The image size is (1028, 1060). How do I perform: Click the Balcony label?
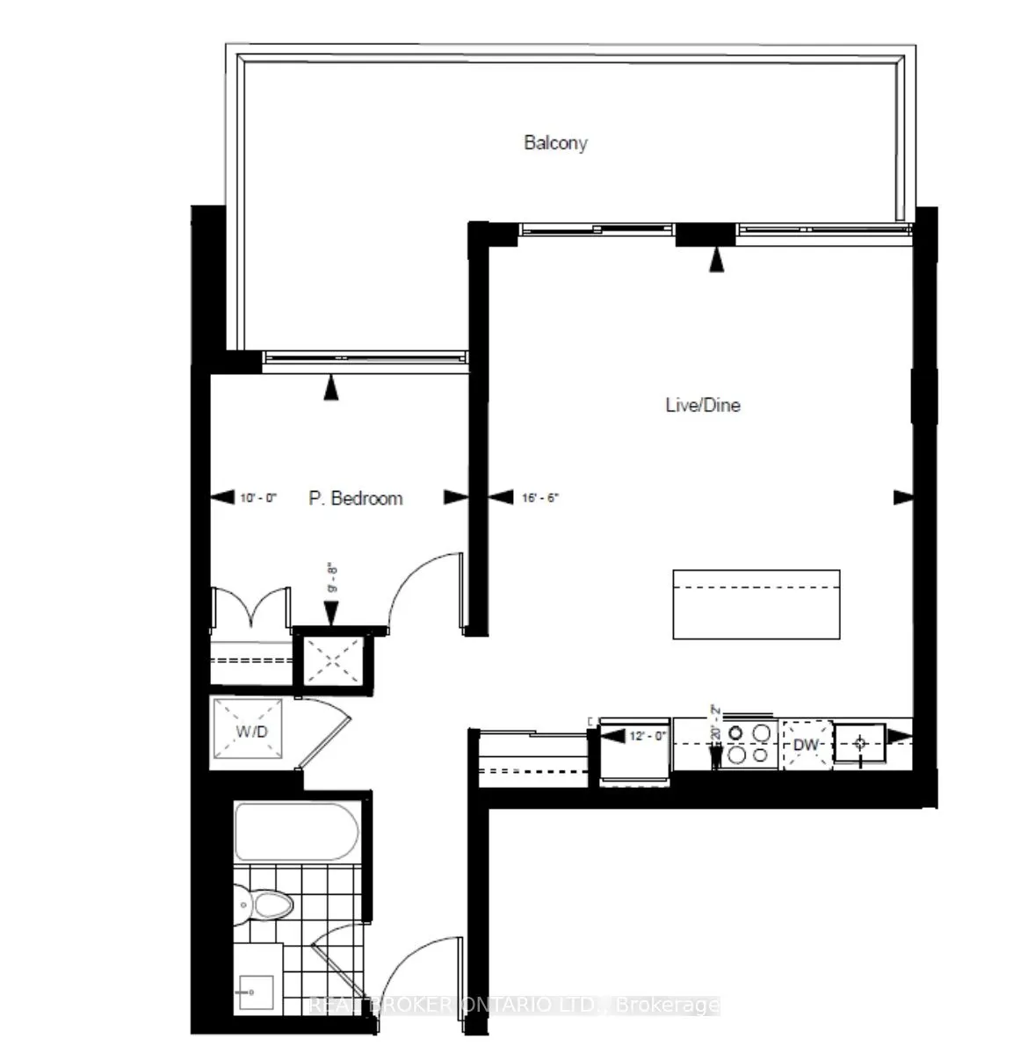tap(555, 142)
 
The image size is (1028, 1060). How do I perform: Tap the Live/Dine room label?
tap(702, 405)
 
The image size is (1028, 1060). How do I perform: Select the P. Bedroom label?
tap(356, 498)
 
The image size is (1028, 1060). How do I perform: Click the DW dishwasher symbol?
tap(806, 745)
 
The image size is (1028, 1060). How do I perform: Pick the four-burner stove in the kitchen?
tap(748, 743)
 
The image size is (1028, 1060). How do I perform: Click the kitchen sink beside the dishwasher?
tap(860, 743)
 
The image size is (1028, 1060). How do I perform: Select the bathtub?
tap(296, 832)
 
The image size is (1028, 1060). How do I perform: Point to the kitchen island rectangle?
tap(756, 604)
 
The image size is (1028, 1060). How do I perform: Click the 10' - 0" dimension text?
tap(257, 498)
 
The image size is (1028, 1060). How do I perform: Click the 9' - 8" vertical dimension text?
tap(332, 579)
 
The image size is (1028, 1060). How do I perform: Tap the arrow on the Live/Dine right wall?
tap(903, 498)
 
